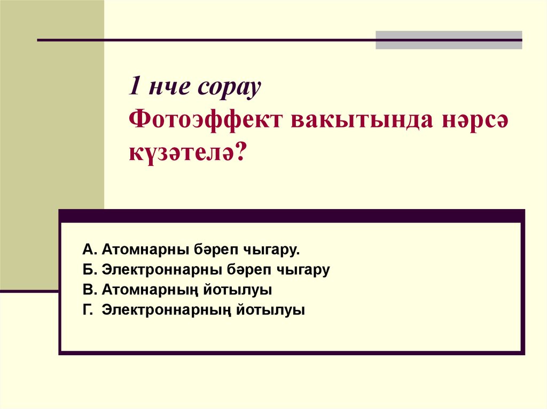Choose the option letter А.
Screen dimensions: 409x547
88,250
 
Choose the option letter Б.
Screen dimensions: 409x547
88,270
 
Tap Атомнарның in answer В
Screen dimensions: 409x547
144,290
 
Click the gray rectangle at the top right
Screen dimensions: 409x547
449,40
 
